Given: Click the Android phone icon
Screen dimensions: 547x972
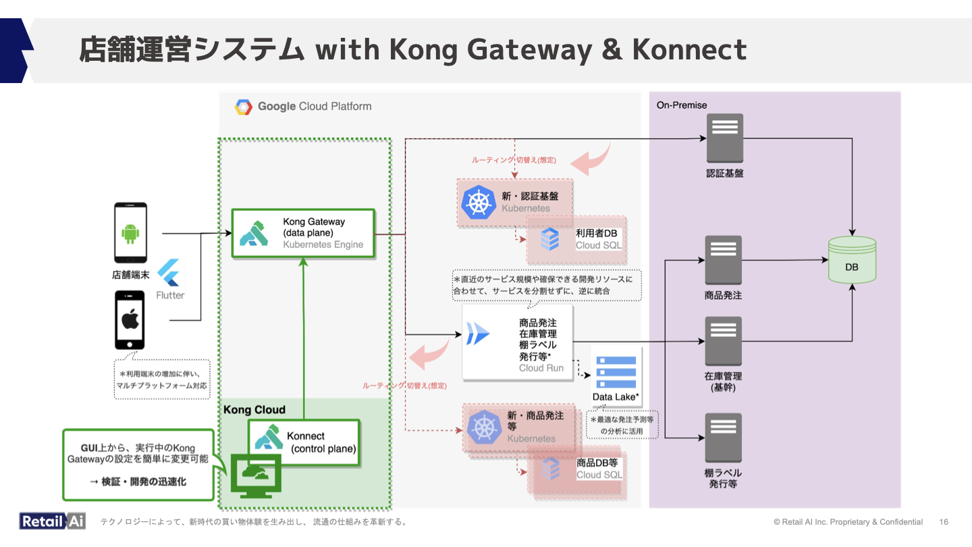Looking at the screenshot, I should click(x=130, y=233).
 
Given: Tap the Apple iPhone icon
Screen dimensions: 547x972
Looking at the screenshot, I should click(x=130, y=319).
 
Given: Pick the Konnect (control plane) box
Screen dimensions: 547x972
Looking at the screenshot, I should click(x=304, y=442).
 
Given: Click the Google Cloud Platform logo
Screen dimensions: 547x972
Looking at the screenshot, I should click(x=244, y=107).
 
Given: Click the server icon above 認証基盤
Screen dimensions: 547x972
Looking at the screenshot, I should click(x=724, y=137).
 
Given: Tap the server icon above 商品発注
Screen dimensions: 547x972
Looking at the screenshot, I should click(x=723, y=260).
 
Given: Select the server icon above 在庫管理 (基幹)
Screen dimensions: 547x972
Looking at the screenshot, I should click(x=723, y=341).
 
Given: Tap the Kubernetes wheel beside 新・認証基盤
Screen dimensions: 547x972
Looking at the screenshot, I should click(x=479, y=201).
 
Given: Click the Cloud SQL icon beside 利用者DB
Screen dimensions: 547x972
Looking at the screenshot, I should click(x=550, y=239).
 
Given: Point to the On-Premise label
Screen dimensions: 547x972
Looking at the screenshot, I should click(x=682, y=105).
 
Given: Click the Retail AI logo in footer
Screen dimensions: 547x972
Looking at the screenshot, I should click(x=52, y=521).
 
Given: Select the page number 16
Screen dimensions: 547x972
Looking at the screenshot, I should click(x=944, y=522).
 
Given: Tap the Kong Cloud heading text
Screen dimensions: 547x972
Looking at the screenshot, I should click(x=254, y=410).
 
